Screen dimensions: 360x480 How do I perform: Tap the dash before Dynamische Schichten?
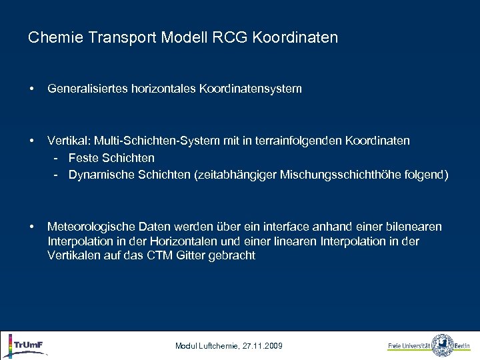[x=58, y=175]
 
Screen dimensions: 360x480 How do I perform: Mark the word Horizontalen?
[x=170, y=241]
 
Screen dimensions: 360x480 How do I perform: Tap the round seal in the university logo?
[x=442, y=345]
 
